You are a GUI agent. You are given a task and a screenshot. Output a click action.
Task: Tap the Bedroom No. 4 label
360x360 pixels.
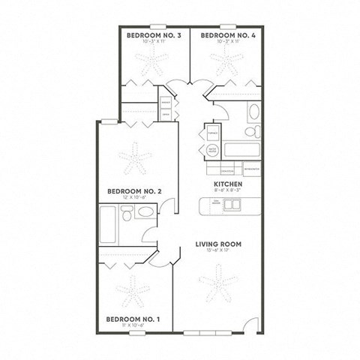tap(224, 36)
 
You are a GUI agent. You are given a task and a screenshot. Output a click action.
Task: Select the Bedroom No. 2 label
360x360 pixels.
tap(132, 190)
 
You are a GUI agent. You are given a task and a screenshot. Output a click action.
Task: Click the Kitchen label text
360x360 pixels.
tap(226, 184)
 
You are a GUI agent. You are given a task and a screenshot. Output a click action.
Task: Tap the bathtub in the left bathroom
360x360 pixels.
tap(108, 221)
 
